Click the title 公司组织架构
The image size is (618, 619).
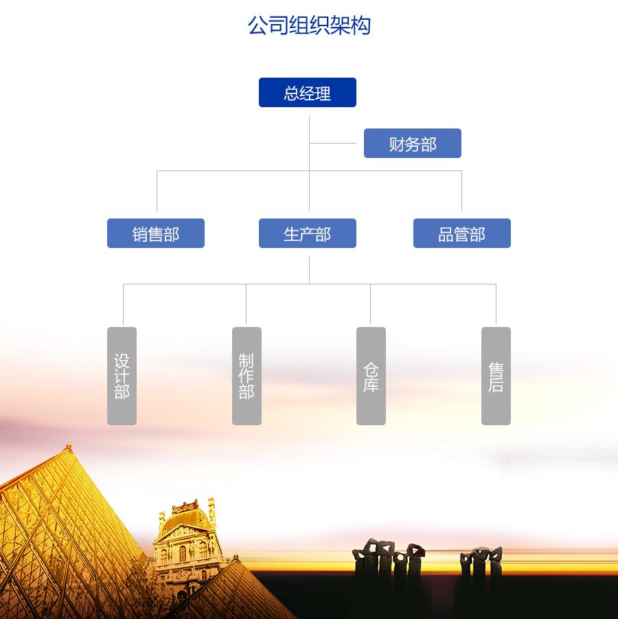(309, 25)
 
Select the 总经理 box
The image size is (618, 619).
(308, 93)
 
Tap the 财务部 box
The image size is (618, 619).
(413, 144)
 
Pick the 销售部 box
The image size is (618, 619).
(156, 234)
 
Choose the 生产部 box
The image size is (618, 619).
(308, 234)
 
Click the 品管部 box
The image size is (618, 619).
(462, 234)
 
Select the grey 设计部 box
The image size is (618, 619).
(122, 376)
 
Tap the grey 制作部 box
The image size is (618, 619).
(247, 376)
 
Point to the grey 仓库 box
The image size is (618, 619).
(371, 376)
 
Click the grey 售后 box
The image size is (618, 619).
(496, 376)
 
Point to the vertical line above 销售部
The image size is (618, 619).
(157, 190)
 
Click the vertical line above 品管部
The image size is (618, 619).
(461, 190)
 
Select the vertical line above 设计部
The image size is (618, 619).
(123, 304)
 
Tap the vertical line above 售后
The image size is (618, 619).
(496, 304)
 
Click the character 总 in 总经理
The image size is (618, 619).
(292, 93)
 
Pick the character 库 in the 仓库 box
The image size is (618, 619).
(371, 385)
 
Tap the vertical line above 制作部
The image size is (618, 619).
(246, 304)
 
